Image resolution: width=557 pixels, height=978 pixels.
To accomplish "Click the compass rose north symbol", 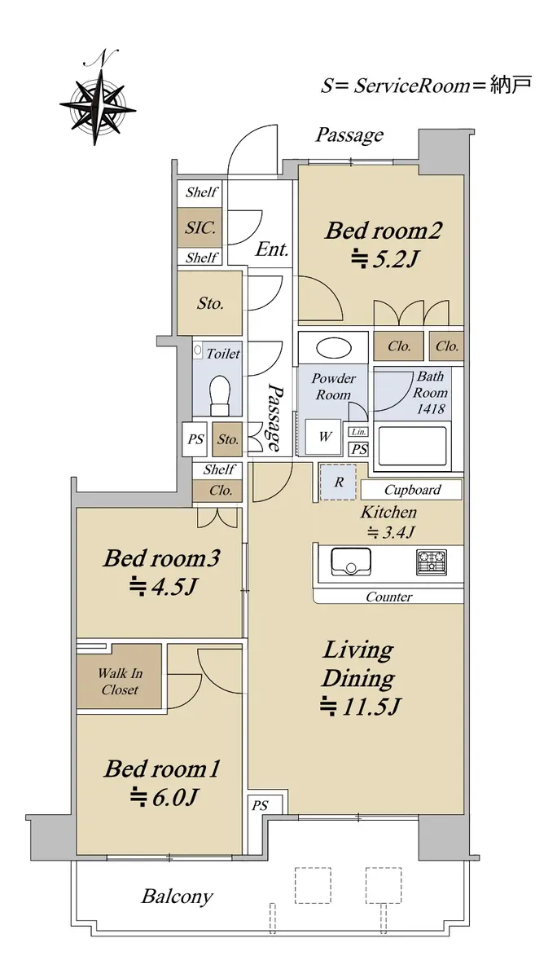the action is point(98,99).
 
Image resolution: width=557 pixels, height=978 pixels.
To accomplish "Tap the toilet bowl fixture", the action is point(220,395).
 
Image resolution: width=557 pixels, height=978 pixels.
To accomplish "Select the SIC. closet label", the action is point(200,227).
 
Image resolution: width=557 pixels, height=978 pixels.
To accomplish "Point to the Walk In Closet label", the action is point(120,681).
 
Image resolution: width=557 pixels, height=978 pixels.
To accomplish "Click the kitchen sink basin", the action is point(351,562).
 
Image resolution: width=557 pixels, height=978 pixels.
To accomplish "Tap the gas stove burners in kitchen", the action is point(432,561).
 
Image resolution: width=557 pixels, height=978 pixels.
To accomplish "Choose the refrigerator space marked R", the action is point(339,482).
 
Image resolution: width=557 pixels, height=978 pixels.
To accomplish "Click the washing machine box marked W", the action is point(323,437).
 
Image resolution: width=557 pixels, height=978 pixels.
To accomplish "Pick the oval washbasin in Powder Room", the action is point(334,349).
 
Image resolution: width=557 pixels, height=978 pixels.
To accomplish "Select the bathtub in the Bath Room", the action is point(413,447).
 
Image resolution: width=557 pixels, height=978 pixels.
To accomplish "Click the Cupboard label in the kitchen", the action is point(413,490).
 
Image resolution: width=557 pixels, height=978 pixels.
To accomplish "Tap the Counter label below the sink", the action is point(388,597).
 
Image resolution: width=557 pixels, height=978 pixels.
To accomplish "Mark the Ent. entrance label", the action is point(272,249).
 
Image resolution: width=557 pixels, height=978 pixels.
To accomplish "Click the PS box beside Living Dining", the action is point(260,805).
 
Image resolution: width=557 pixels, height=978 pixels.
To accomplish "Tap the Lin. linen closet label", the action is point(358,432).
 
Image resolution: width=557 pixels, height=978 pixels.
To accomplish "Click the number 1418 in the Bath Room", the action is point(430,409).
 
